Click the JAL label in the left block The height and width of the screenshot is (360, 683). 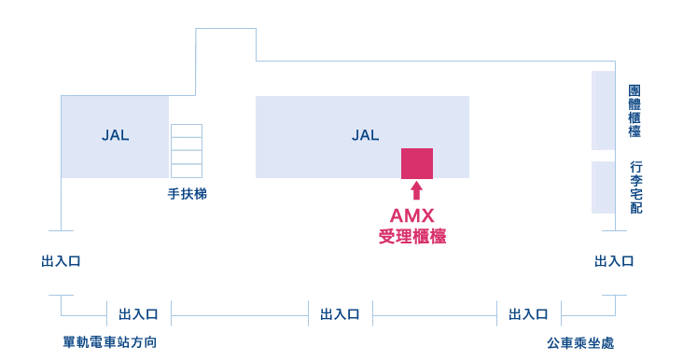(x=115, y=135)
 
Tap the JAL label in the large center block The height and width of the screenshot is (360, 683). (x=365, y=135)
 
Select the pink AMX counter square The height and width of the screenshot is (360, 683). (x=417, y=163)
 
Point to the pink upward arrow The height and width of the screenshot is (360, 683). (x=416, y=190)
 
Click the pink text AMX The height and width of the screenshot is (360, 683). (x=412, y=216)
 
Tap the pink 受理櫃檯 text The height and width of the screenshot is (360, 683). (x=412, y=237)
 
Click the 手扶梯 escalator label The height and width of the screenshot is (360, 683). (x=187, y=195)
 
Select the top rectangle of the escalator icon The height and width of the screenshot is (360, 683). (x=187, y=131)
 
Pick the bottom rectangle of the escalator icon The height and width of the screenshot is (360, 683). (x=187, y=171)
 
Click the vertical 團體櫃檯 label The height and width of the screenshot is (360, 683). (x=634, y=111)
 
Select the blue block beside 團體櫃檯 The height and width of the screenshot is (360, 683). (x=603, y=110)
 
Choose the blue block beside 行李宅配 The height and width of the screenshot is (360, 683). (x=603, y=187)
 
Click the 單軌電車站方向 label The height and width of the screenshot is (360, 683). (x=110, y=342)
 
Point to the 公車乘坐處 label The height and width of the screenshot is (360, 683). (x=580, y=342)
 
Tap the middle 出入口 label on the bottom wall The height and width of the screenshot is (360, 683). (x=340, y=314)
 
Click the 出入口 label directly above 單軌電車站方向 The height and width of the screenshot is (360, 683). (x=138, y=314)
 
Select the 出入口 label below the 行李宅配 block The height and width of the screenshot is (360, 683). (x=614, y=261)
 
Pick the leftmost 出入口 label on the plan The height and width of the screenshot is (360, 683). (x=61, y=261)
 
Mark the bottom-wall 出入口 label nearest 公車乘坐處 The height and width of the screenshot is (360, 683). (x=528, y=314)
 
